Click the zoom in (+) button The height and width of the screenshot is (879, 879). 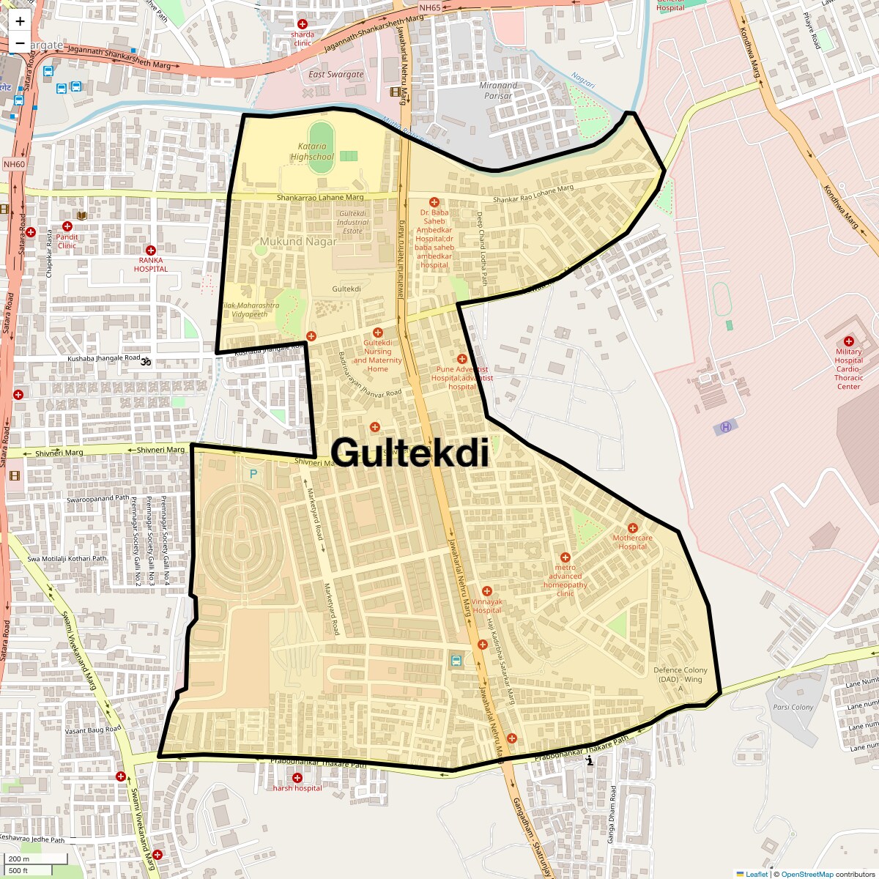click(20, 21)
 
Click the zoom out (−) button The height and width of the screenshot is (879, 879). click(20, 42)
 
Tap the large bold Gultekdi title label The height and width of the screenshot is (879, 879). click(409, 453)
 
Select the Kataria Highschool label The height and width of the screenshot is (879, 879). click(311, 152)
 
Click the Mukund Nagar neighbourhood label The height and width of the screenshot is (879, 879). click(298, 241)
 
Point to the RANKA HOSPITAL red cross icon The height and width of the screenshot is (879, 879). click(151, 251)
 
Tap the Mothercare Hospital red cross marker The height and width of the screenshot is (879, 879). click(633, 528)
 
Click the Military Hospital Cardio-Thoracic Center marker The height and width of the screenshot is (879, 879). click(848, 341)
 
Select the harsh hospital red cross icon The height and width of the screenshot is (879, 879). click(297, 778)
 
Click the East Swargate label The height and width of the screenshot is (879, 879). click(335, 74)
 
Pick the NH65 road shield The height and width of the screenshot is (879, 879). click(430, 28)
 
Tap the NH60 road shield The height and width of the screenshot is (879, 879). click(14, 164)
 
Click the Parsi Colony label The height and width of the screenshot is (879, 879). click(793, 707)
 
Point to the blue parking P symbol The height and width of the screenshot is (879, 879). click(253, 474)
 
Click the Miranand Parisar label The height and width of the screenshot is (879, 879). click(498, 90)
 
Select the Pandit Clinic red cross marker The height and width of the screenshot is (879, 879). click(67, 226)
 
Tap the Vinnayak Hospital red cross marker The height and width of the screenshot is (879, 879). click(487, 591)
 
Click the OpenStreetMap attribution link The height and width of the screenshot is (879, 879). click(806, 874)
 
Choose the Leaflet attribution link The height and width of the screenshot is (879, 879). click(757, 874)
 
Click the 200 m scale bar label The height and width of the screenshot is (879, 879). click(20, 859)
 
